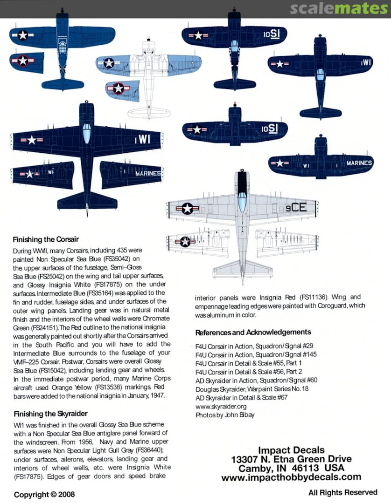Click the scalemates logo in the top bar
[338, 9]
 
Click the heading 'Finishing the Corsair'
[46, 240]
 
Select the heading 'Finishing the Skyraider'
[50, 414]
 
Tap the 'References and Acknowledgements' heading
[253, 332]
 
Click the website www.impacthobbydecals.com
[291, 477]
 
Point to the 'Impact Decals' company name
[291, 450]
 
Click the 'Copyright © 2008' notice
[44, 494]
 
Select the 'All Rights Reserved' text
[342, 492]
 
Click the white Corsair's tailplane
[149, 113]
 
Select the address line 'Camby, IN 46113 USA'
[291, 468]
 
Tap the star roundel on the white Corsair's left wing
[109, 63]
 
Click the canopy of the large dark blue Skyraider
[87, 133]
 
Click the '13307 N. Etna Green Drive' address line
[291, 459]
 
